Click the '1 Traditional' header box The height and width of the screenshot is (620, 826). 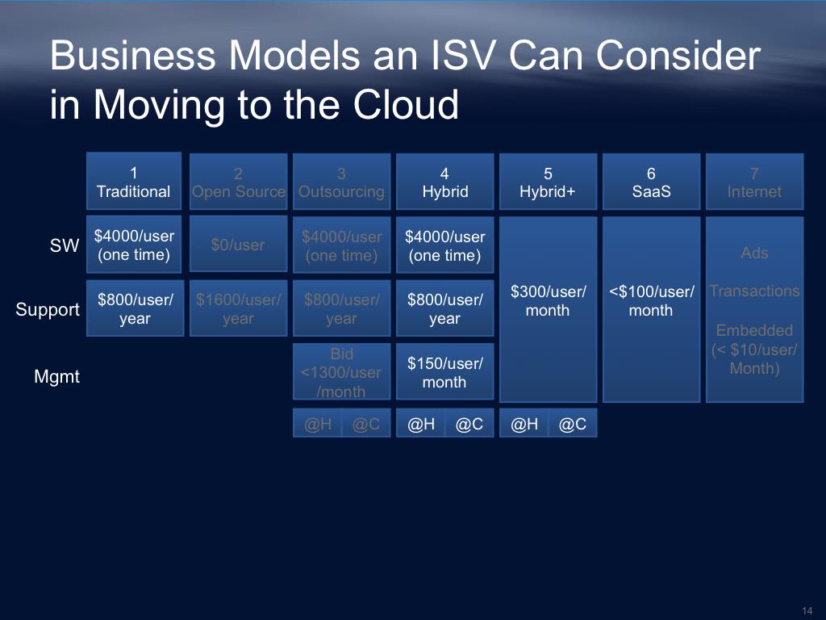(134, 182)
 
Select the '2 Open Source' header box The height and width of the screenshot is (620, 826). (238, 182)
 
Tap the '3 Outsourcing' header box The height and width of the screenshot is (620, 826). (341, 182)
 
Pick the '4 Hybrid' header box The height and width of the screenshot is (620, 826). (444, 182)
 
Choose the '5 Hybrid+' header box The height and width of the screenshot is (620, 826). (548, 182)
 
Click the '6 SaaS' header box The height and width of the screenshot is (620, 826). (651, 182)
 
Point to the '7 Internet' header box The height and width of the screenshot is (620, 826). (754, 182)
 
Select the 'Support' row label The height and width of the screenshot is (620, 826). (48, 309)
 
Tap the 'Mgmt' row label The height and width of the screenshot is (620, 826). (56, 376)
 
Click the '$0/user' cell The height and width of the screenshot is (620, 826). (238, 245)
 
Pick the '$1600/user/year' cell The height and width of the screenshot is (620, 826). (238, 308)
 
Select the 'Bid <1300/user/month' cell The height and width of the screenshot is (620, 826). (341, 372)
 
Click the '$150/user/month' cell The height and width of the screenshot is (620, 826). (444, 372)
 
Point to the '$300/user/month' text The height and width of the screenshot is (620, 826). (548, 300)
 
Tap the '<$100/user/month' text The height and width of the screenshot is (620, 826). (651, 300)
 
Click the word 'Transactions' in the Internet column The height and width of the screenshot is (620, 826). (754, 291)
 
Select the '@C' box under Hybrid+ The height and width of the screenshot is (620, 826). (573, 424)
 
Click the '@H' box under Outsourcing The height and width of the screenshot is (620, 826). (318, 424)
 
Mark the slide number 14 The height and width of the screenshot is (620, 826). (807, 610)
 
